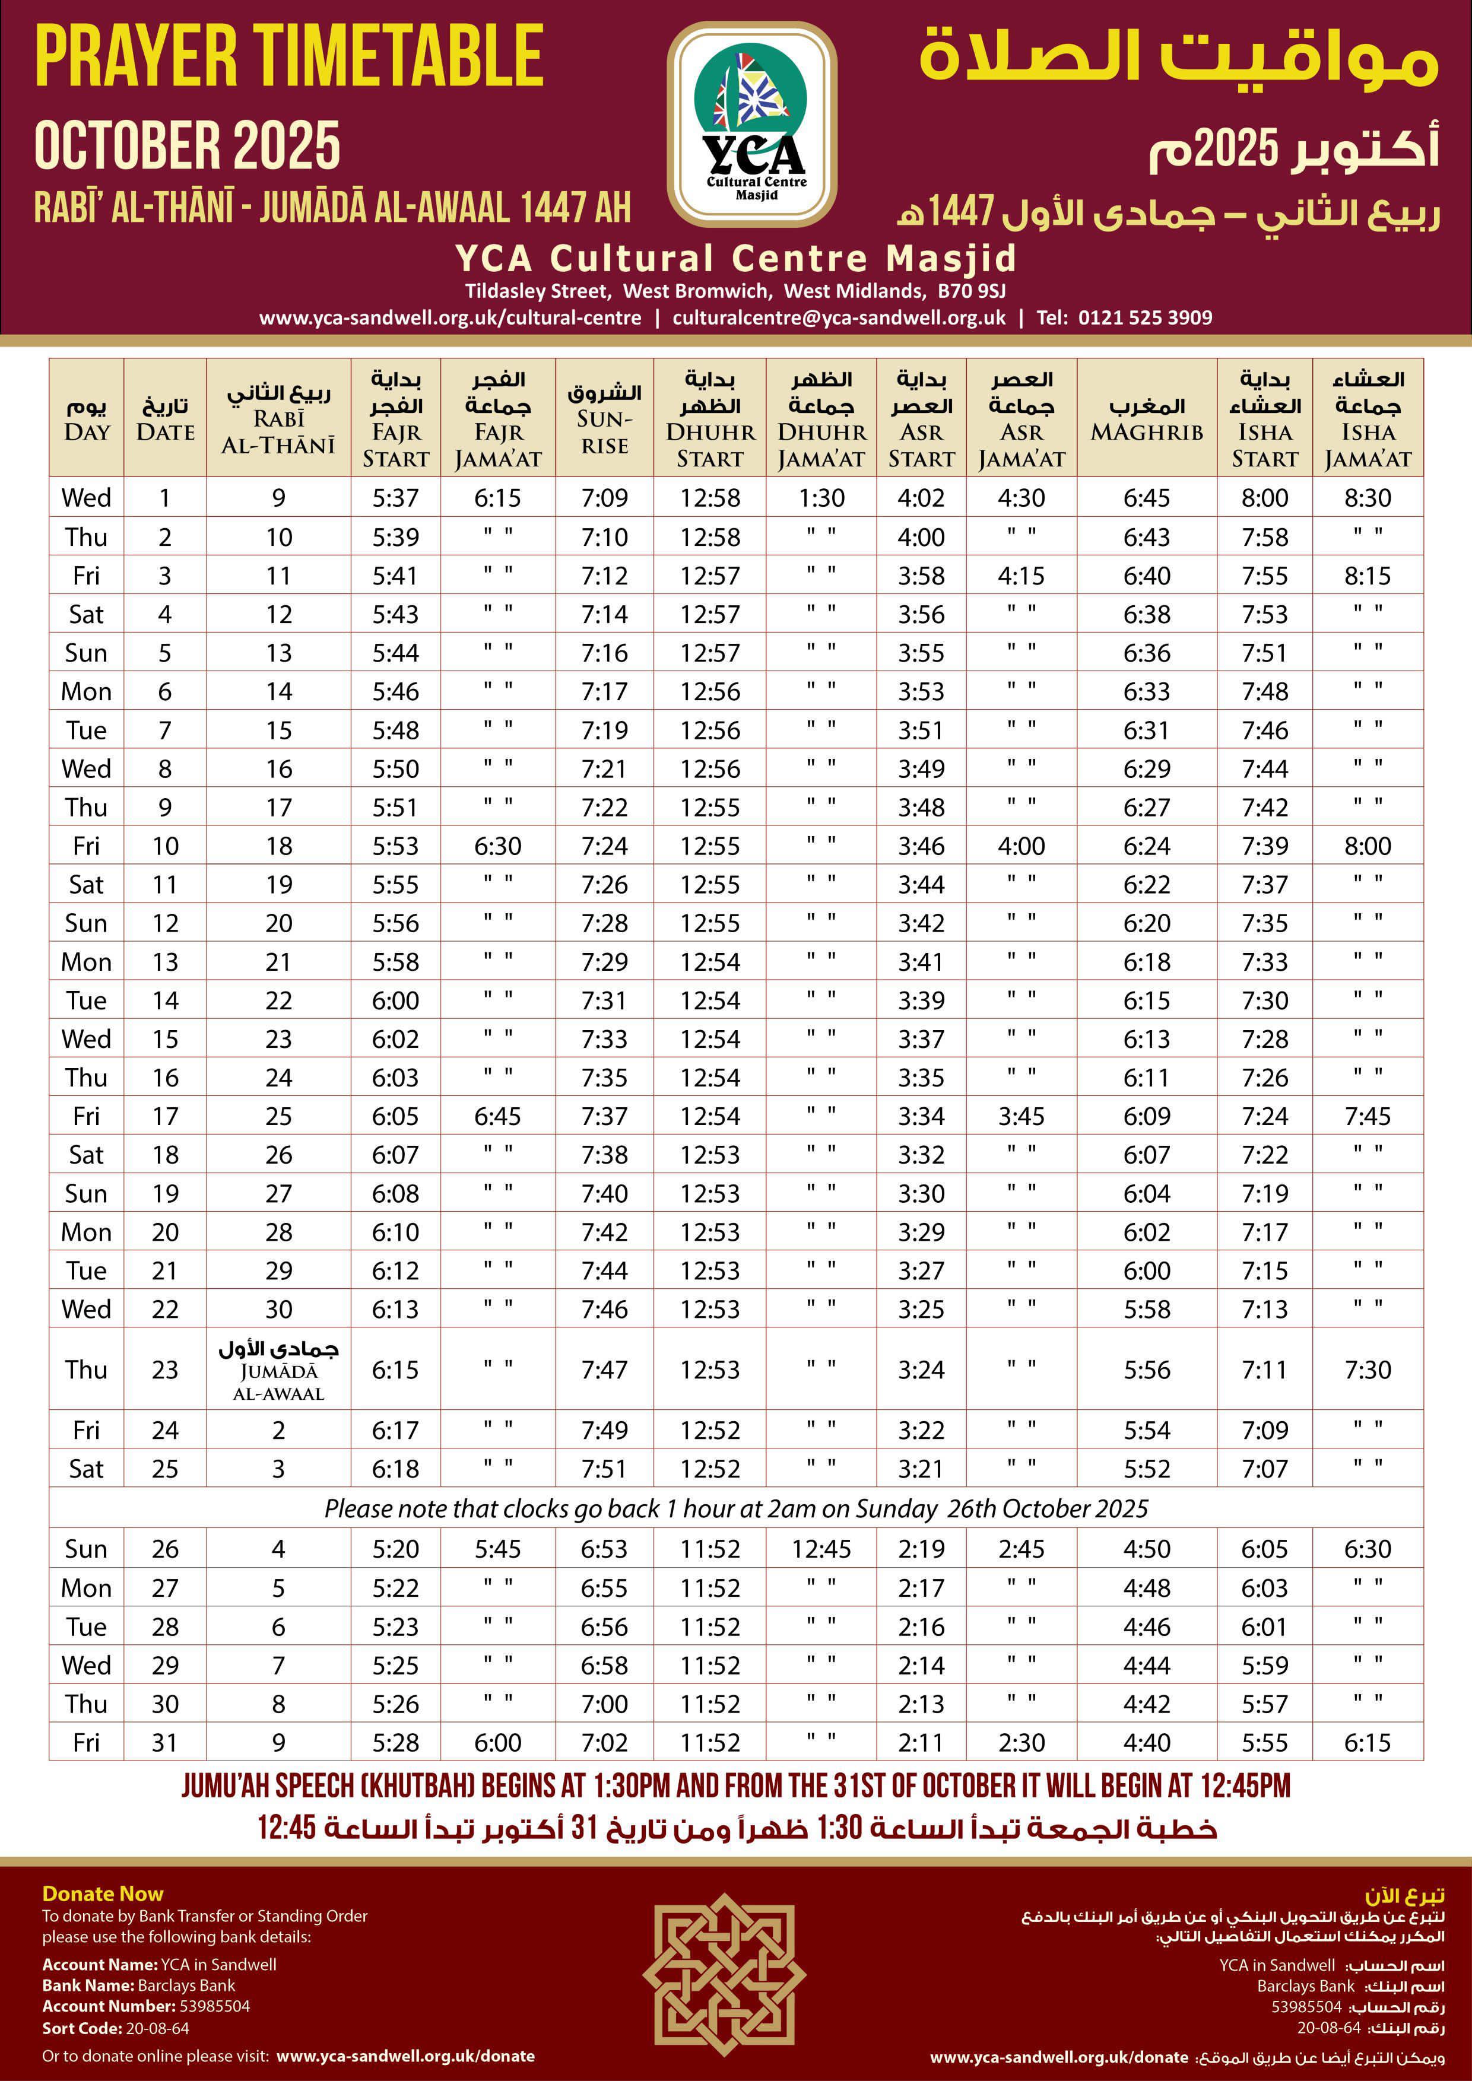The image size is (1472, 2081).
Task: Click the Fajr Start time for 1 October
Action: coord(396,498)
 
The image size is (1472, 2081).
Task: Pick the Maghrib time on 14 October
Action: coord(1147,1000)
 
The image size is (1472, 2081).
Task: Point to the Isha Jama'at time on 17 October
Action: coord(1367,1117)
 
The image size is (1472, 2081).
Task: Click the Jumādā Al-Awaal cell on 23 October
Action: coord(278,1370)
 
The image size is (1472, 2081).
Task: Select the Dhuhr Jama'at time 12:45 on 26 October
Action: coord(821,1549)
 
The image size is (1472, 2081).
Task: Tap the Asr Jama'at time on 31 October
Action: coord(1021,1742)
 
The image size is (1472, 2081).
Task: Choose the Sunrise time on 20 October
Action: coord(605,1232)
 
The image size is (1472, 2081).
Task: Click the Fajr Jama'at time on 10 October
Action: coord(497,847)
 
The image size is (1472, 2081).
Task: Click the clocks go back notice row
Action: coord(736,1508)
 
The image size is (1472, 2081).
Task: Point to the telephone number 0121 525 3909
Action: coord(1145,317)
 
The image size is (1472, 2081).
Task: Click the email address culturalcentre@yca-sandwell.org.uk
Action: coord(839,317)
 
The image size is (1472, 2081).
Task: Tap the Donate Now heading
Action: coord(103,1893)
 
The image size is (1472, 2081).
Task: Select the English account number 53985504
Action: coord(215,2007)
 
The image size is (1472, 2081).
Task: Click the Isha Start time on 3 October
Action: coord(1264,576)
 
